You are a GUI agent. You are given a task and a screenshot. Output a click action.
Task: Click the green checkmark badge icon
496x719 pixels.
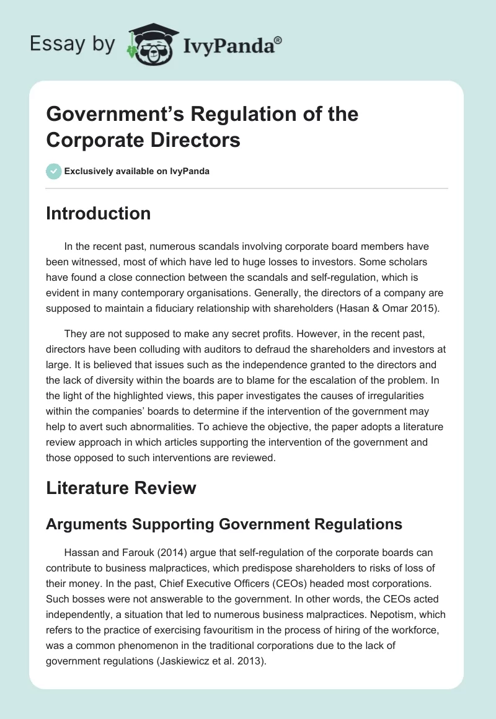point(53,171)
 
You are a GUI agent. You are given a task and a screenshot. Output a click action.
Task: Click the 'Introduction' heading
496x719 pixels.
point(99,213)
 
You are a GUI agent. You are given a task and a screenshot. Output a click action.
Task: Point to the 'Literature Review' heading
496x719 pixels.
point(121,488)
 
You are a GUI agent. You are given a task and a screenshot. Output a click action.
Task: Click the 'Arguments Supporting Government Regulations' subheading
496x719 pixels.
point(224,524)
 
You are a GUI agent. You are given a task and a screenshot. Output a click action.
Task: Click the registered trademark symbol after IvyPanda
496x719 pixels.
point(278,40)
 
